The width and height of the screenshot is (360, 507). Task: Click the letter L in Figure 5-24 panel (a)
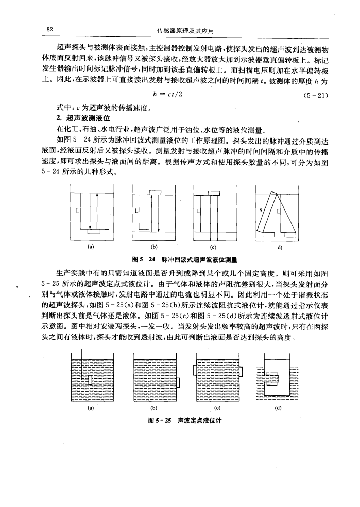point(78,211)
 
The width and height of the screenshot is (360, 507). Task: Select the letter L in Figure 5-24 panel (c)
point(198,211)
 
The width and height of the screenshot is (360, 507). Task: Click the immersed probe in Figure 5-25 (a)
point(91,380)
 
